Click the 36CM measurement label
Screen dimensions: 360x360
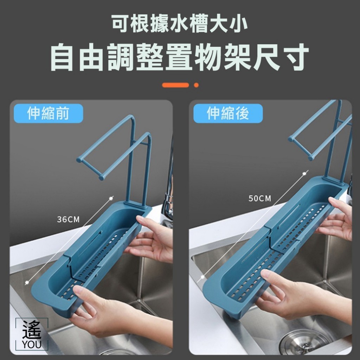pos(68,219)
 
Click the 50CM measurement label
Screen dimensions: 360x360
pos(260,198)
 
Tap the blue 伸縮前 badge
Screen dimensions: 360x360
pos(48,113)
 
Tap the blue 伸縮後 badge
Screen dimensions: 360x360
pos(228,113)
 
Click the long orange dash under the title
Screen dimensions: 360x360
pos(175,85)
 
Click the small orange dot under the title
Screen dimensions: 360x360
pos(196,85)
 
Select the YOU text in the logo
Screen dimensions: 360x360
pos(32,345)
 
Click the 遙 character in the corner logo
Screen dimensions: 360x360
pos(32,330)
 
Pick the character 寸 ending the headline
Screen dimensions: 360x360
pos(296,57)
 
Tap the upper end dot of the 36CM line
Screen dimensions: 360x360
pos(111,198)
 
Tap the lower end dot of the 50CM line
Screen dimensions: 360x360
pos(202,277)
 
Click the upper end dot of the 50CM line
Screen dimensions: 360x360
pos(304,174)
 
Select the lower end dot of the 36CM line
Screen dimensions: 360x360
pos(27,282)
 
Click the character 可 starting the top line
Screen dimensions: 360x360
pos(120,23)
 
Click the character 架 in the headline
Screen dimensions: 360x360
pos(237,57)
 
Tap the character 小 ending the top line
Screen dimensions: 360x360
pos(239,23)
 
